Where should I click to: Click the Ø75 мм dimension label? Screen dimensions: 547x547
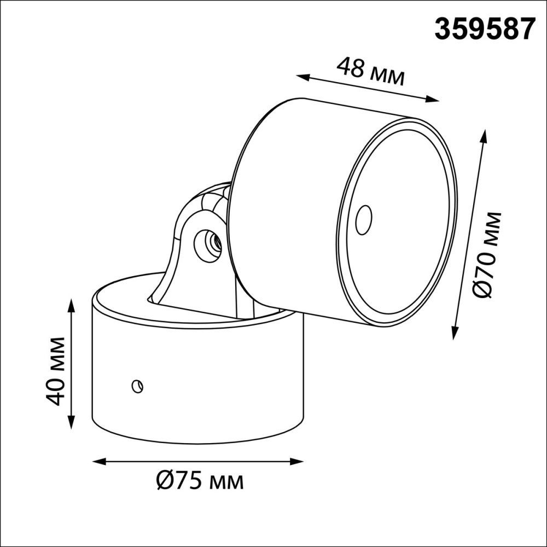coord(199,481)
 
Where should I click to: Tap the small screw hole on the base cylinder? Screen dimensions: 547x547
coord(137,386)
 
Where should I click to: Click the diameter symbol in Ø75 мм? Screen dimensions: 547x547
coord(165,481)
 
